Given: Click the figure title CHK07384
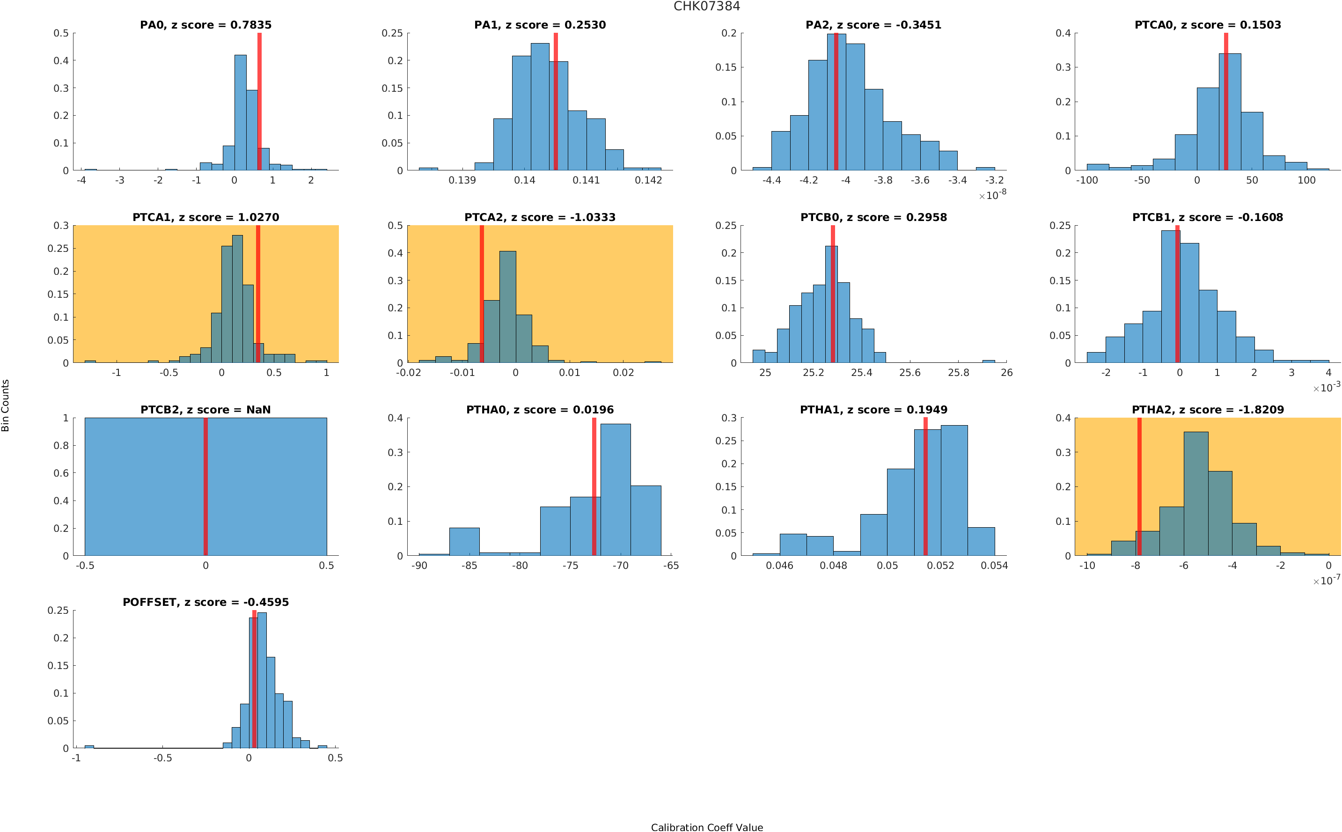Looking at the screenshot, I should click(706, 6).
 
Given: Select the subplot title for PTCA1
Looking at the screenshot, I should click(205, 217).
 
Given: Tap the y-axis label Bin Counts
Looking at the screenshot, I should click(6, 405).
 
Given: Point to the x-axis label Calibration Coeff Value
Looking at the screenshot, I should click(706, 827).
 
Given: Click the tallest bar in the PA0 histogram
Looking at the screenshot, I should click(240, 113).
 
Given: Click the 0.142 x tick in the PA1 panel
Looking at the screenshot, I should click(648, 180).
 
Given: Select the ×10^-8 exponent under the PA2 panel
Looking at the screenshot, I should click(992, 195).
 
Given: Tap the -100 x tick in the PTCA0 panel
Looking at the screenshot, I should click(1086, 180).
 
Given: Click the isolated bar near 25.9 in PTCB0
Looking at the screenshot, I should click(988, 361).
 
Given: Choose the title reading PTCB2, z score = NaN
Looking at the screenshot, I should click(205, 410).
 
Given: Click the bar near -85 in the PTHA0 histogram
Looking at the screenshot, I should click(464, 541).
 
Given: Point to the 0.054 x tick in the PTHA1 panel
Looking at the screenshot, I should click(994, 566).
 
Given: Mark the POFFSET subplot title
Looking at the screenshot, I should click(205, 602).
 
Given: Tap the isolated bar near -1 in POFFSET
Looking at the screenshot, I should click(89, 747).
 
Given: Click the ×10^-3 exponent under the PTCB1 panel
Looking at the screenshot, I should click(1326, 387).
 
